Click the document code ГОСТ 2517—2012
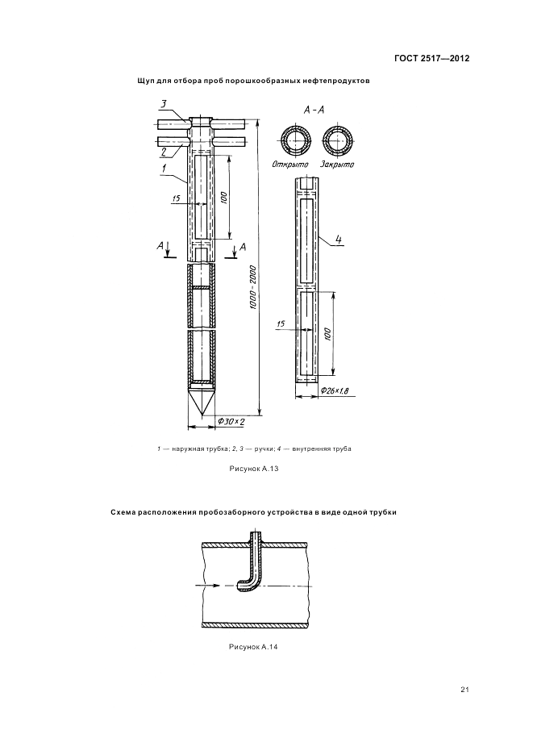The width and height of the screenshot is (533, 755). point(431,59)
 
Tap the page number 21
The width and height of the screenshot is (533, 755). point(464,689)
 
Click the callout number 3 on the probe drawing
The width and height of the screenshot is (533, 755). point(164,104)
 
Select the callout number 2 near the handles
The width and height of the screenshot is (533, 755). point(164,151)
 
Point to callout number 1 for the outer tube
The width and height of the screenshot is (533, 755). point(164,169)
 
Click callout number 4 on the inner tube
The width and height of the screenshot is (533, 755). point(339,240)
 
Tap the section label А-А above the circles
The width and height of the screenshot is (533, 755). point(314,109)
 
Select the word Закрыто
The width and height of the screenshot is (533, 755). point(337,165)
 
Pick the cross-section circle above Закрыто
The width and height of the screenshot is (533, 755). point(338,141)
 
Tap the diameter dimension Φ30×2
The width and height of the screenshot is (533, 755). point(231,422)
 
